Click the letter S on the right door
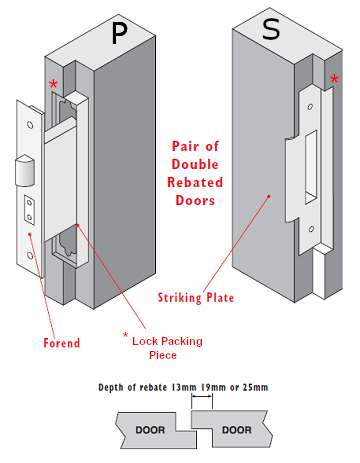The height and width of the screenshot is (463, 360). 271,29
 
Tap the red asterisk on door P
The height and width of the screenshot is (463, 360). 52,85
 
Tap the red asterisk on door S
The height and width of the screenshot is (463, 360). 333,80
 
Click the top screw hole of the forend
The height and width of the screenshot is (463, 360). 30,125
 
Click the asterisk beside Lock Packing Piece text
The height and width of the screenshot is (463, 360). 125,333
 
